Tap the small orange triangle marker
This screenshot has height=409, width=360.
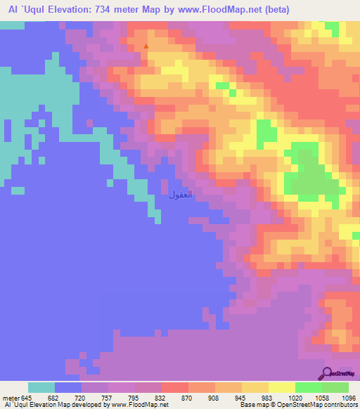coord(146,47)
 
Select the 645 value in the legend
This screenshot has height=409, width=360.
coord(27,398)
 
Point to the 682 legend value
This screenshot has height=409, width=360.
coord(54,398)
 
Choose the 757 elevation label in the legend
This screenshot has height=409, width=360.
coord(108,398)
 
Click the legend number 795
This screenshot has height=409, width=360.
coord(134,398)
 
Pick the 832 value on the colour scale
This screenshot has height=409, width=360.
coord(161,398)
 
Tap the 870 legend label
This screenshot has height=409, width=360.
coord(188,398)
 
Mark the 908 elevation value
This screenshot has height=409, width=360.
coord(214,398)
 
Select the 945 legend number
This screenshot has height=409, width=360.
coord(241,398)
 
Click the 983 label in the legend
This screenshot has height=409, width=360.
coord(268,398)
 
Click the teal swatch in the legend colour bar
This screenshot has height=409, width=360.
coord(41,387)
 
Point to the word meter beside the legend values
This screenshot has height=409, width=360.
coord(10,398)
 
